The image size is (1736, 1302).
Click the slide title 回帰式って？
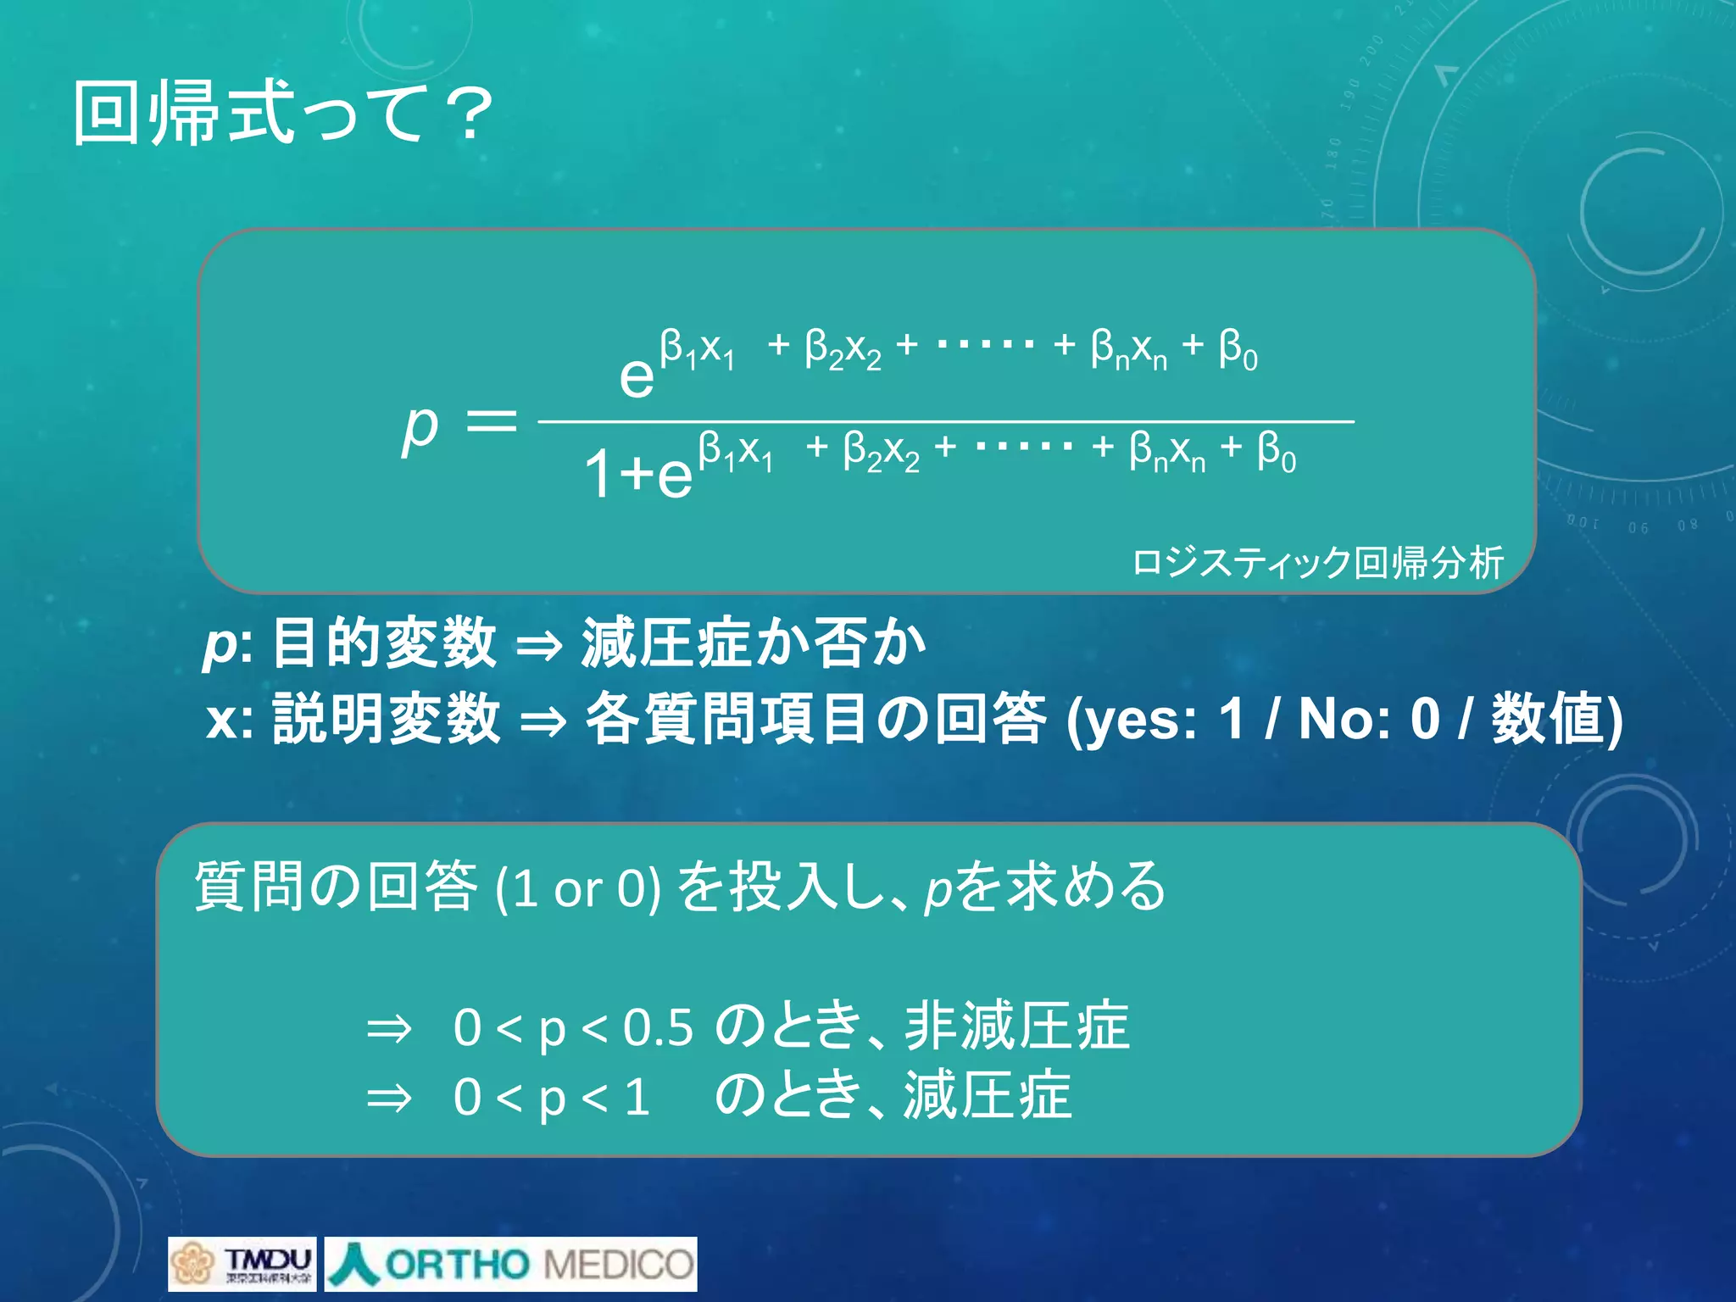click(x=282, y=114)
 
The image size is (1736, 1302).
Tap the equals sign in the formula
click(x=492, y=421)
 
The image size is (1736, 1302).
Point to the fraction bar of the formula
click(x=945, y=420)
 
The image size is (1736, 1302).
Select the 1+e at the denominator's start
click(x=637, y=473)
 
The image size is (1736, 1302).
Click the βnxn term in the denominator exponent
click(x=1166, y=450)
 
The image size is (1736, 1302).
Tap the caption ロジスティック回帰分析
click(x=1317, y=562)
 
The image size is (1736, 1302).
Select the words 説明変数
click(x=387, y=718)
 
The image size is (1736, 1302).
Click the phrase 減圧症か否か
click(x=753, y=643)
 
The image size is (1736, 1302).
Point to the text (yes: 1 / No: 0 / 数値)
click(x=1344, y=719)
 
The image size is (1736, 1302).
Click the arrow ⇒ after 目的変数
click(x=539, y=646)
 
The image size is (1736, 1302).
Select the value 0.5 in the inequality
click(x=658, y=1027)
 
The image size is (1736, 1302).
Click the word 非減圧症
click(x=1016, y=1026)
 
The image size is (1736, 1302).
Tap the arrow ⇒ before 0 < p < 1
click(x=388, y=1099)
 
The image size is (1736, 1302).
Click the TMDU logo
click(x=242, y=1263)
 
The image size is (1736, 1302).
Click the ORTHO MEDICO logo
click(x=510, y=1263)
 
